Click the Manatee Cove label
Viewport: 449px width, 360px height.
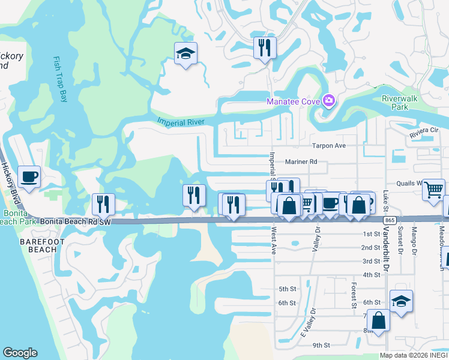click(293, 101)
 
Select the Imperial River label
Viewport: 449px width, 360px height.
click(181, 122)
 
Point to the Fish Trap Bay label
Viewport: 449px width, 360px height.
click(59, 79)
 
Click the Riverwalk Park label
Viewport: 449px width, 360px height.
click(399, 103)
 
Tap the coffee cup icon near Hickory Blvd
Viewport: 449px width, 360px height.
click(29, 176)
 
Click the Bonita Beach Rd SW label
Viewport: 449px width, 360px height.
click(76, 221)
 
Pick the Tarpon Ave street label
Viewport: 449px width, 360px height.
click(329, 146)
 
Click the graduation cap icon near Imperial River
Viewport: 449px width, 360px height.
click(185, 54)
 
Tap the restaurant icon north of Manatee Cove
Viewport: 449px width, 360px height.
click(264, 47)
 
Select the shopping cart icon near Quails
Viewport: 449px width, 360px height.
click(433, 190)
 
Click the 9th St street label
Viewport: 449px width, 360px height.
click(321, 345)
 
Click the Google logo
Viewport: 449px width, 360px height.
click(20, 353)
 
